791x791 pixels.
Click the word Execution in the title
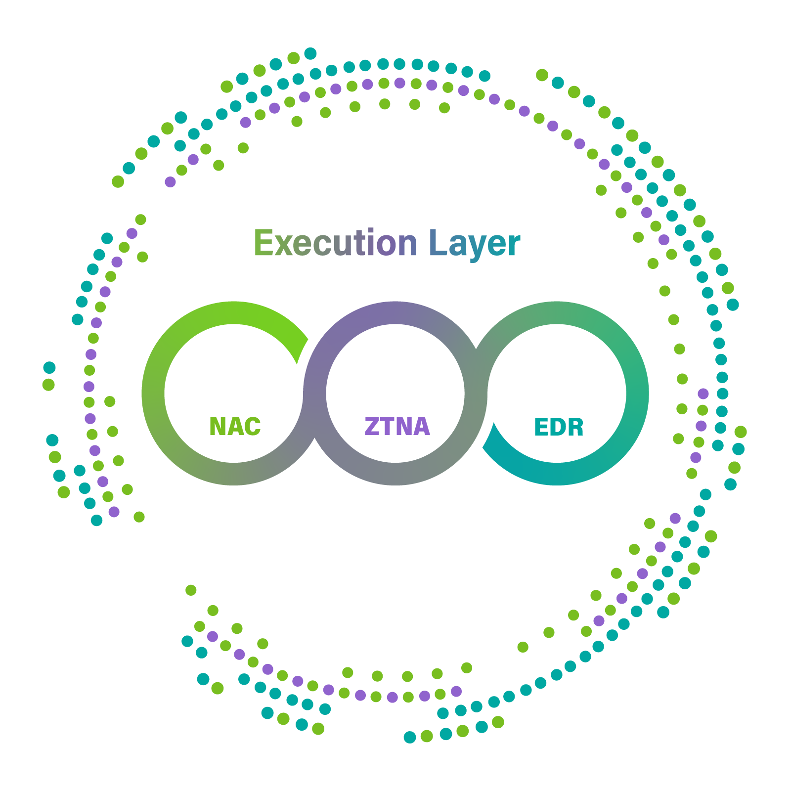coord(335,243)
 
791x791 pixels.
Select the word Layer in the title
coord(475,243)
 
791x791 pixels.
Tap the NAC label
coord(235,427)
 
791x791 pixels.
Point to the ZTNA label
coord(397,427)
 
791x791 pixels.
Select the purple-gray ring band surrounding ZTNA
coord(395,312)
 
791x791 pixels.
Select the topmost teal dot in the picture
coord(310,53)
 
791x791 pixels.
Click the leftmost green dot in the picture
coord(48,384)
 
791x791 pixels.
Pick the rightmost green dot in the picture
coord(741,432)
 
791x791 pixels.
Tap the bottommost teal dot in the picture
coord(410,738)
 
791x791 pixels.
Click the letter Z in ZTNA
coord(371,427)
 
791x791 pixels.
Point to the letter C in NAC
coord(252,427)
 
